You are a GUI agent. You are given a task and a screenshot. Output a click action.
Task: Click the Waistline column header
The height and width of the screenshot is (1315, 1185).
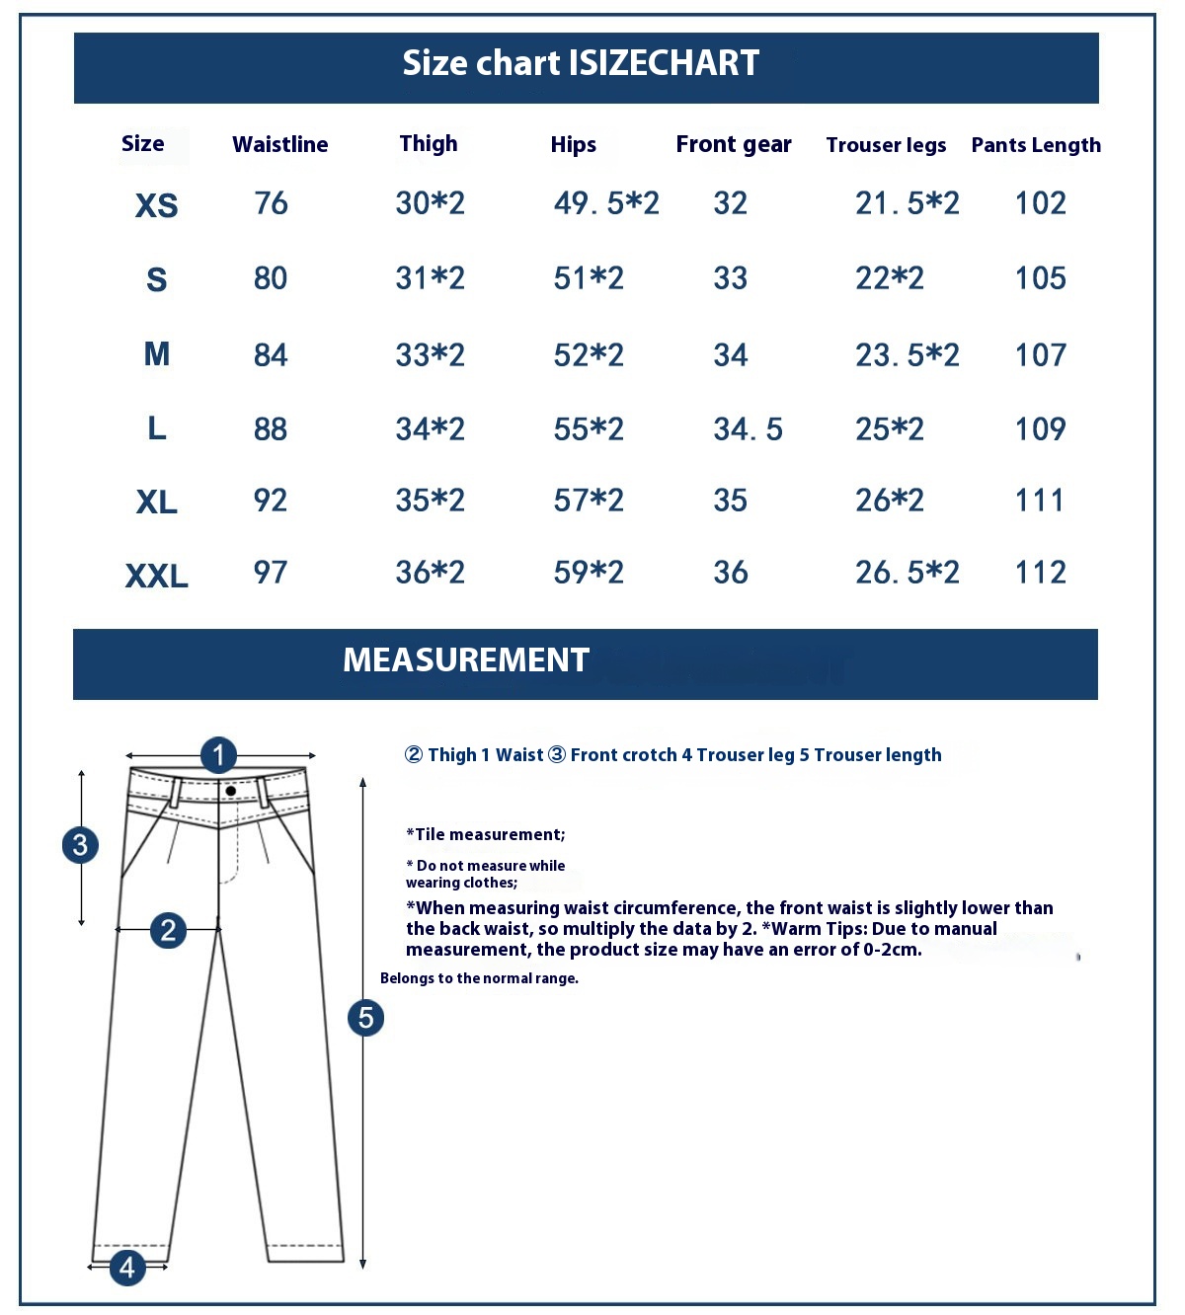[279, 144]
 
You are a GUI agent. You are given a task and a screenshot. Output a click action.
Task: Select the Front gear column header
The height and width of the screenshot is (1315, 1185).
[733, 144]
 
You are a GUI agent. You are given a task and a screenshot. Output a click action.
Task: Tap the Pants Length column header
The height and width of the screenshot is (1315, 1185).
[1035, 145]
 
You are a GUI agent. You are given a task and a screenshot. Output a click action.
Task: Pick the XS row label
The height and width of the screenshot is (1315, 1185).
[156, 205]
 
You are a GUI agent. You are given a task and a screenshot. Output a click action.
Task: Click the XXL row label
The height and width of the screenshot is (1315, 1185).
[156, 576]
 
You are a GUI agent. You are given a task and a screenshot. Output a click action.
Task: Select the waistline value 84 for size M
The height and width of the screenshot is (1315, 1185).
[270, 354]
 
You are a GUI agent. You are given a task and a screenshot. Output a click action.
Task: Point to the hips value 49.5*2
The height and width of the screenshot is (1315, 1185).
[605, 203]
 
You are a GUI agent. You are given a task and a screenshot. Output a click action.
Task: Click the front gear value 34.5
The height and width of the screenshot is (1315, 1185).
[748, 429]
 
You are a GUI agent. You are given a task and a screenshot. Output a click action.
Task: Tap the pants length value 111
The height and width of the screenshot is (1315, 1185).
[1040, 501]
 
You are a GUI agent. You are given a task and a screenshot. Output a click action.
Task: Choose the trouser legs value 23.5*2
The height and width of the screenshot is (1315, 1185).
[907, 354]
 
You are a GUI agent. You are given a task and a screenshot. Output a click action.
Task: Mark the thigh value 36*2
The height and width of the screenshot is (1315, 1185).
[430, 573]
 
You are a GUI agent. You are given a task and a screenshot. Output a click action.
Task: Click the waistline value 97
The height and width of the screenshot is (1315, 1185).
[270, 573]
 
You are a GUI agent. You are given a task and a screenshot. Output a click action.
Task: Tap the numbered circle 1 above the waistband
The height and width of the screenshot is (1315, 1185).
[218, 755]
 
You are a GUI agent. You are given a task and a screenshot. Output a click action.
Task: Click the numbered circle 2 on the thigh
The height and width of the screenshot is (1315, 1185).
[168, 929]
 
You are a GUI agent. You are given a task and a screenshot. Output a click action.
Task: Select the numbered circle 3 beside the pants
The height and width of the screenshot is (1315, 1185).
[80, 845]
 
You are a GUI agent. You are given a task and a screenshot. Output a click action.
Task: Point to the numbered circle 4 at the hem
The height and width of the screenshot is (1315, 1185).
[127, 1267]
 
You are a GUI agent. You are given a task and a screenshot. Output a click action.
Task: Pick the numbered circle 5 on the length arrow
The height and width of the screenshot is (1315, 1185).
[365, 1018]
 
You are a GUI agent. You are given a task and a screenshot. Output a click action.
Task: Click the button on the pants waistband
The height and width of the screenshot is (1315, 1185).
[230, 791]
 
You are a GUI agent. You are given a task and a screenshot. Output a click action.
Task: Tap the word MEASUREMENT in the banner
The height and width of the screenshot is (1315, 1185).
[465, 659]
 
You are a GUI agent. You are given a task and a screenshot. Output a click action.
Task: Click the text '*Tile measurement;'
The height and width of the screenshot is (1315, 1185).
[485, 834]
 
